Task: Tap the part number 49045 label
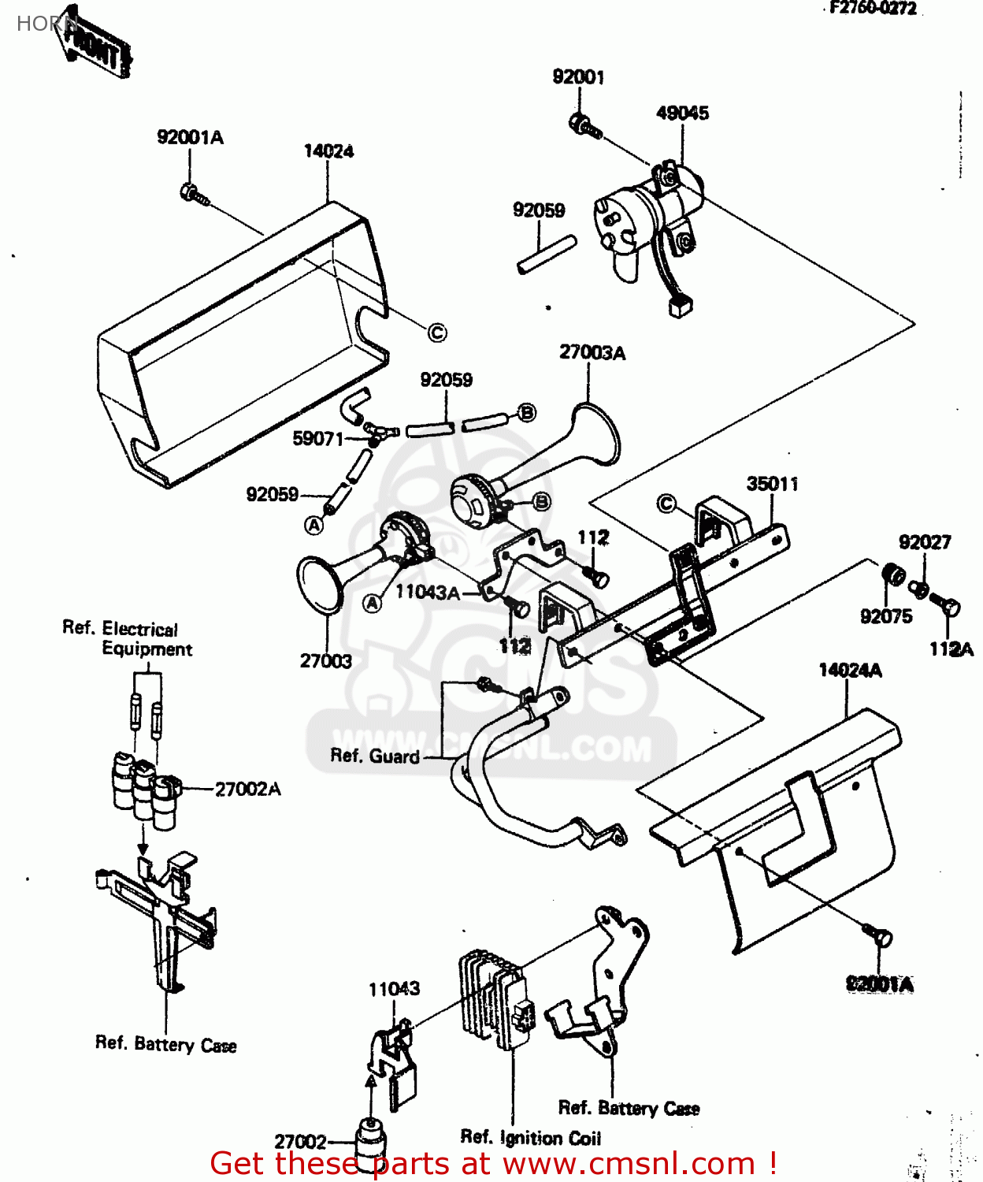pos(682,113)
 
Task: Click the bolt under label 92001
pos(584,125)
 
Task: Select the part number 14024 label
pos(328,151)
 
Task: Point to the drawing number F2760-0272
pos(874,9)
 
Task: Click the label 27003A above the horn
pos(592,352)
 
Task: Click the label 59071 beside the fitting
pos(317,438)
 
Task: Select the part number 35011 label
pos(772,483)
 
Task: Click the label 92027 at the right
pos(925,541)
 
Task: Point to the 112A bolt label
pos(951,649)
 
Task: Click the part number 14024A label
pos(850,670)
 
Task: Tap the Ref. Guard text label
pos(374,756)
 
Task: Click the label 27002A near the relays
pos(247,789)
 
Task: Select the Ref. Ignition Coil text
pos(530,1137)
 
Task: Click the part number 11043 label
pos(394,988)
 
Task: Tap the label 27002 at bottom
pos(300,1141)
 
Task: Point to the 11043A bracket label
pos(427,592)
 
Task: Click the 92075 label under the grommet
pos(886,616)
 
